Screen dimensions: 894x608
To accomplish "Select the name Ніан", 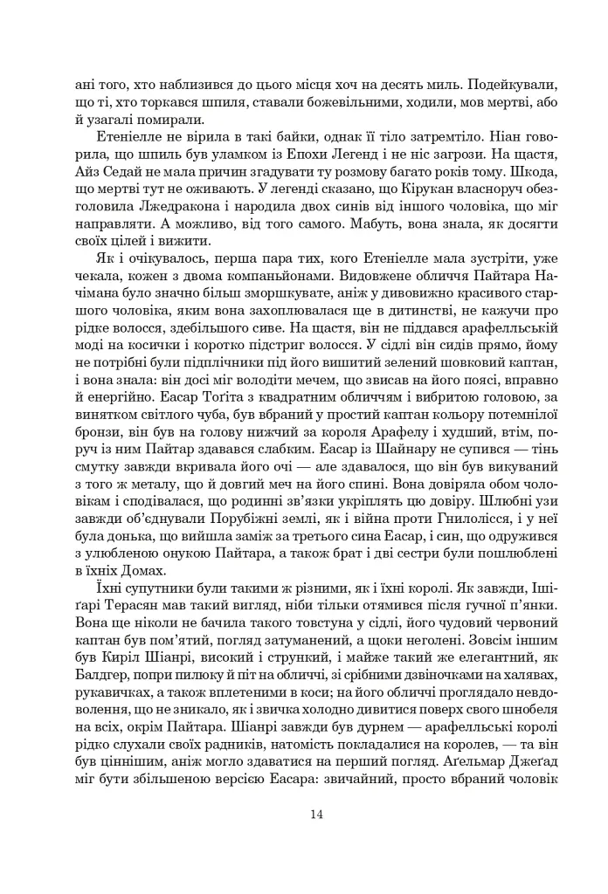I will [475, 141].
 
